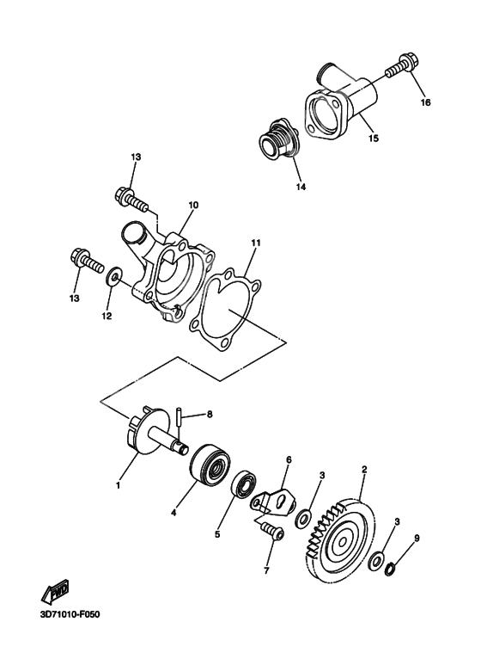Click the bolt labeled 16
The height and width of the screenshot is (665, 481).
tap(401, 68)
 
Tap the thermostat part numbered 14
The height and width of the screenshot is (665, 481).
tap(279, 141)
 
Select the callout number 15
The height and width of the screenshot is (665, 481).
tap(373, 139)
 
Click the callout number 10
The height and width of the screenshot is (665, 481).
tap(192, 205)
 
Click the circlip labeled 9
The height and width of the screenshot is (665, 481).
tap(390, 569)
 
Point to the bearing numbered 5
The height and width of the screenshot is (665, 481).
tap(244, 483)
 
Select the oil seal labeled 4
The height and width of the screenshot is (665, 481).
tap(210, 463)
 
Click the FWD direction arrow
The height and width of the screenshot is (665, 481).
tap(55, 591)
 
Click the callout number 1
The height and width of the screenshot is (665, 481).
tap(119, 484)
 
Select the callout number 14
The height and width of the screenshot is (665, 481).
tap(301, 187)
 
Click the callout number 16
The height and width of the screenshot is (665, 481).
tap(425, 102)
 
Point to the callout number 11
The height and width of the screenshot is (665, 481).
tap(256, 243)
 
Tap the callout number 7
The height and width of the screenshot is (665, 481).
tap(266, 571)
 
